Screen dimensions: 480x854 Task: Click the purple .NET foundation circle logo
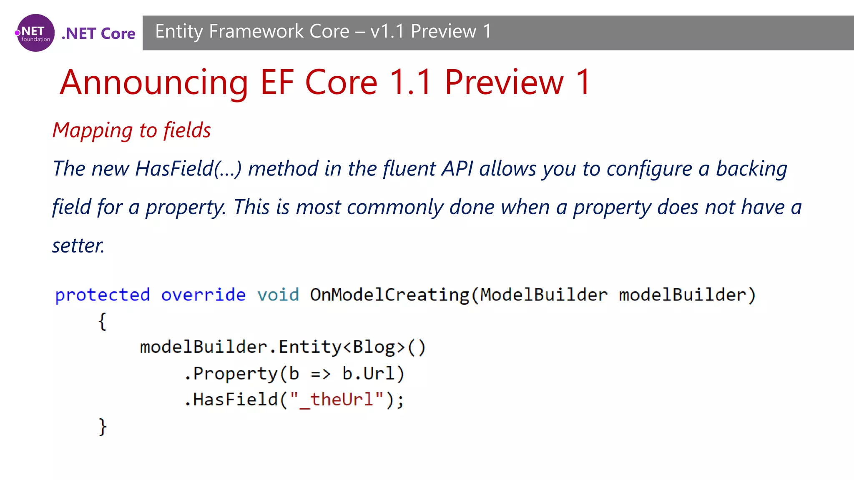35,33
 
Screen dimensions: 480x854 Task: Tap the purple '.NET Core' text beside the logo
98,33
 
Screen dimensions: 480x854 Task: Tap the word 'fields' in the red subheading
187,130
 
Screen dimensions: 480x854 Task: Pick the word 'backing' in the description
751,169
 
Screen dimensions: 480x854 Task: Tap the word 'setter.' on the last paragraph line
78,245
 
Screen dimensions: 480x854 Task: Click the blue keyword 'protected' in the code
103,295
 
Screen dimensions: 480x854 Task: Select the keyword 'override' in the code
203,295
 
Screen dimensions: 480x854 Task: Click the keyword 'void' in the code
278,295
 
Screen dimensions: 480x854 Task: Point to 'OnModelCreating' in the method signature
389,295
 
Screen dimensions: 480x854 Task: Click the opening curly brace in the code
103,322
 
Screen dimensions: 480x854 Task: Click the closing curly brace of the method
103,427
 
